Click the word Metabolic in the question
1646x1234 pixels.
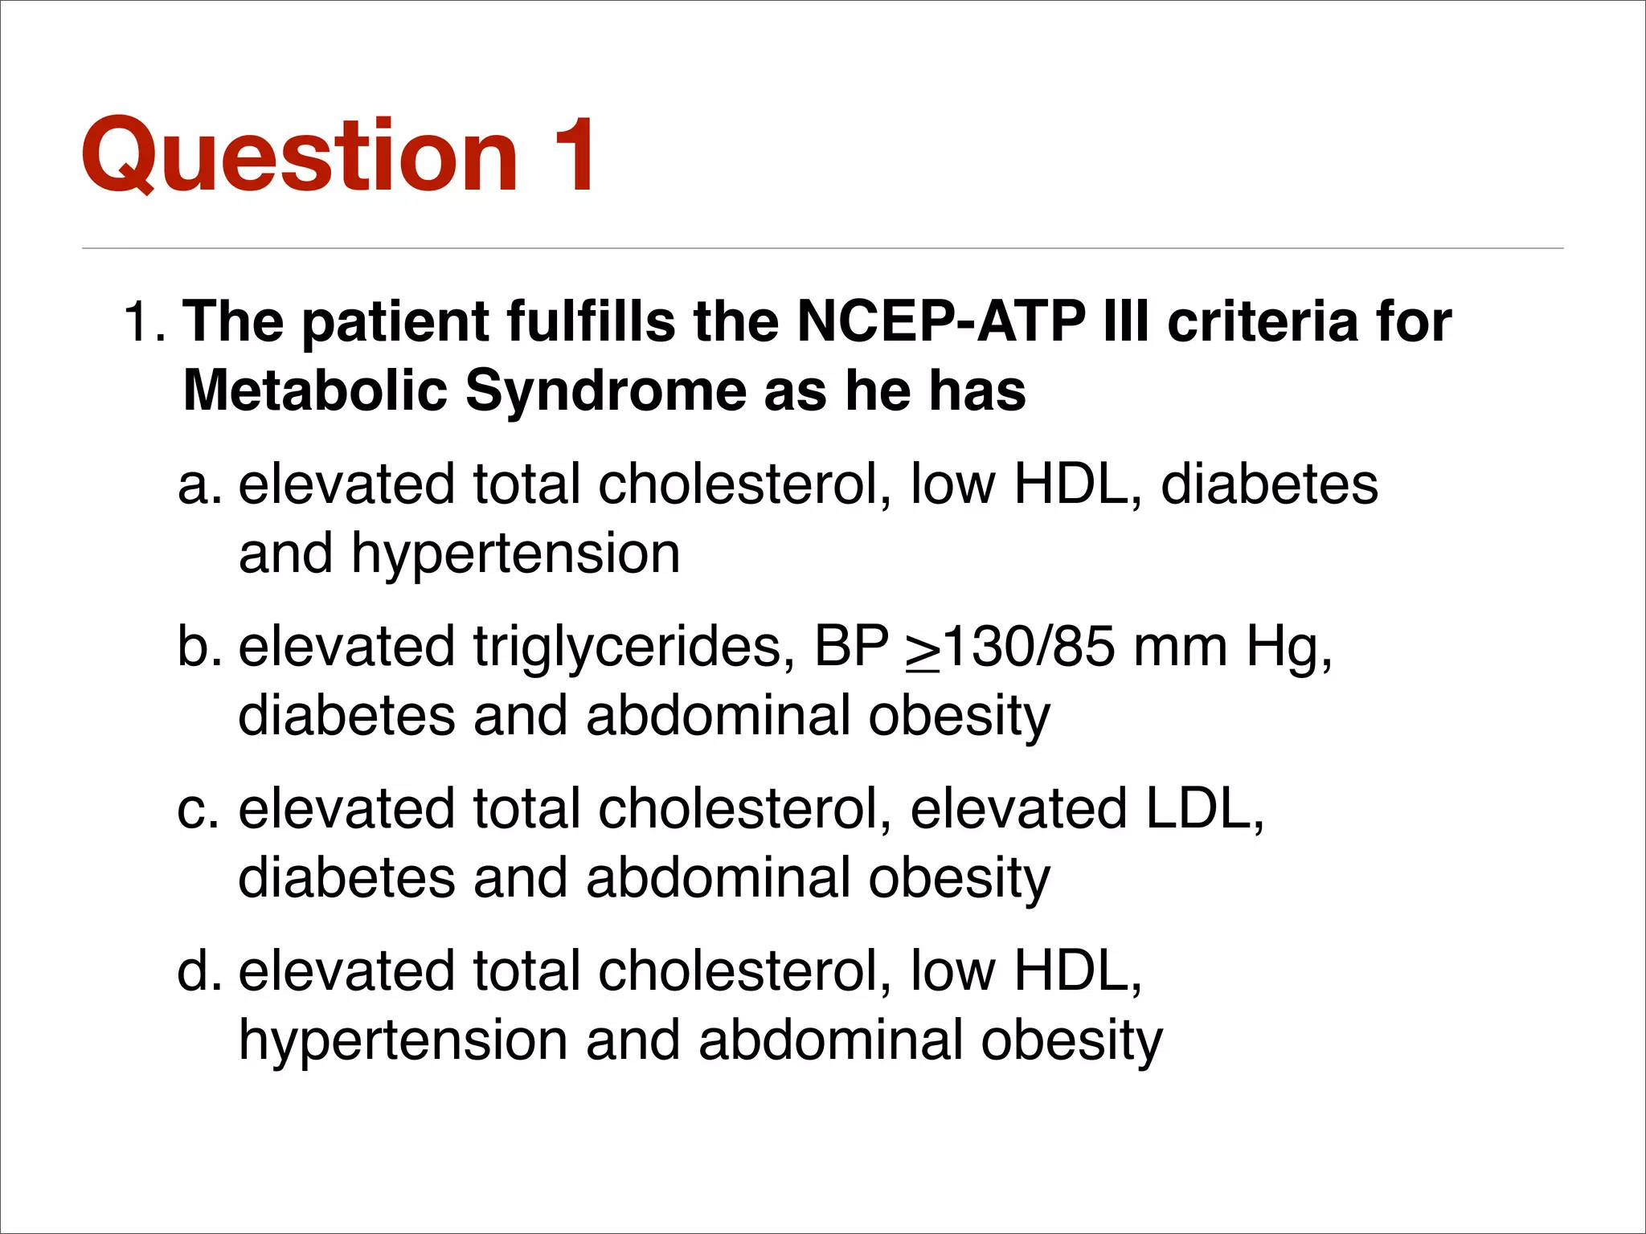tap(314, 391)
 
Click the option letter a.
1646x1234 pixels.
tap(198, 485)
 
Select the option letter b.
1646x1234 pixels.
tap(198, 647)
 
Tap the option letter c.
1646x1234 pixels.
tap(198, 809)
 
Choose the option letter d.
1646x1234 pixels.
tap(198, 971)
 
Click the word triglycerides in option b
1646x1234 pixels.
tap(627, 647)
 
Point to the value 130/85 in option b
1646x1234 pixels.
tap(1030, 647)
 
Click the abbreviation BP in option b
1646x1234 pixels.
tap(850, 647)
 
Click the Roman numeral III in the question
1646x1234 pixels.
tap(1126, 322)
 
